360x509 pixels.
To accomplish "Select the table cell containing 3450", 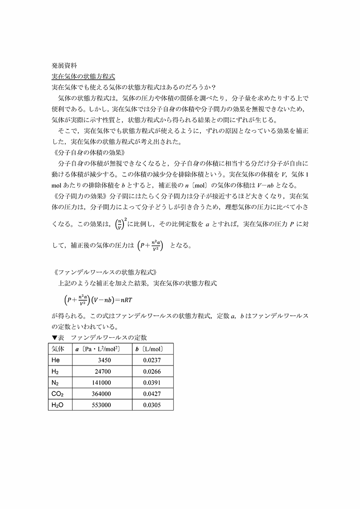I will coord(104,360).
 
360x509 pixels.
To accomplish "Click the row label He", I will coord(56,360).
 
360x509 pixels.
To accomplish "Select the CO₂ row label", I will coord(58,394).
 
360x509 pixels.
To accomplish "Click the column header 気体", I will coord(58,349).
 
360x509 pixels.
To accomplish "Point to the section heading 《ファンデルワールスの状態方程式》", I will coord(105,272).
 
